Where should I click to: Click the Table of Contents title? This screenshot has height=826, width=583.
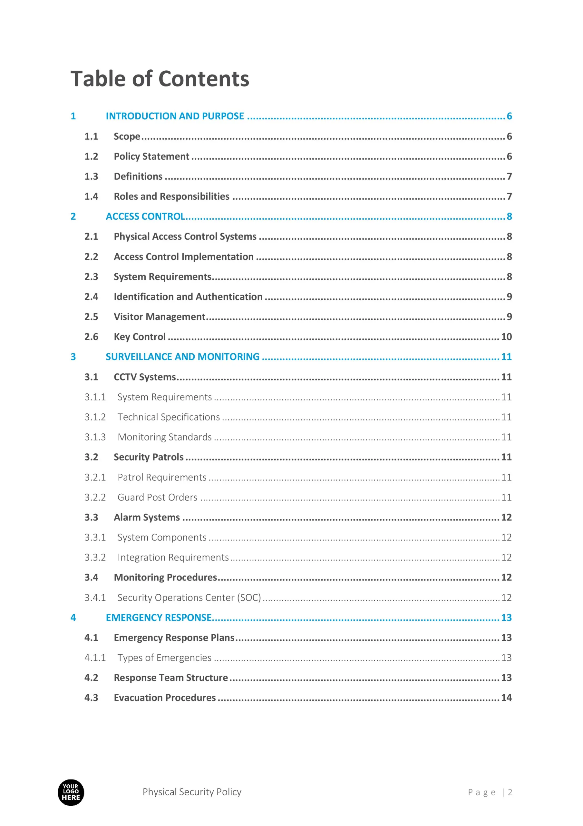[x=160, y=79]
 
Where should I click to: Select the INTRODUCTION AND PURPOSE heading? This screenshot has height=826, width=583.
[x=175, y=116]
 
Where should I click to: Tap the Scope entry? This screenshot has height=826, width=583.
[x=127, y=136]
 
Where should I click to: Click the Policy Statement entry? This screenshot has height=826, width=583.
[x=151, y=156]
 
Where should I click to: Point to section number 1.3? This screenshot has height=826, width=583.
[x=91, y=176]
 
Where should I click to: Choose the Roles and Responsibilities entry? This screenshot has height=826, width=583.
[x=171, y=196]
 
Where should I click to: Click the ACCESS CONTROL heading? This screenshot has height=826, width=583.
[x=145, y=217]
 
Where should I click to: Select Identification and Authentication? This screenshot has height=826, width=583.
[x=188, y=297]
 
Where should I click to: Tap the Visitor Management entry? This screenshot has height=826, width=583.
[x=159, y=317]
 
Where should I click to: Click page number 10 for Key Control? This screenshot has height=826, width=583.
[x=506, y=337]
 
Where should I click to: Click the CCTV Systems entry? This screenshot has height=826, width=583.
[x=144, y=377]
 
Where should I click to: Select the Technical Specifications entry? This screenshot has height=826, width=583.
[x=169, y=417]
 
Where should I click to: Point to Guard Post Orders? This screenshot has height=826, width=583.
[x=157, y=497]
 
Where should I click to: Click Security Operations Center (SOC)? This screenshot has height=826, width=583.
[x=189, y=598]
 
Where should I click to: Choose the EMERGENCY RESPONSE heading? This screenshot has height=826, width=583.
[x=159, y=618]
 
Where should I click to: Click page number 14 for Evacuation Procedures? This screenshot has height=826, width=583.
[x=506, y=698]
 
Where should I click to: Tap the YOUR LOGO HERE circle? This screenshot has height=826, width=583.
[x=71, y=792]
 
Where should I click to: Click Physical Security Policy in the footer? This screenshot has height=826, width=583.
[x=192, y=792]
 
